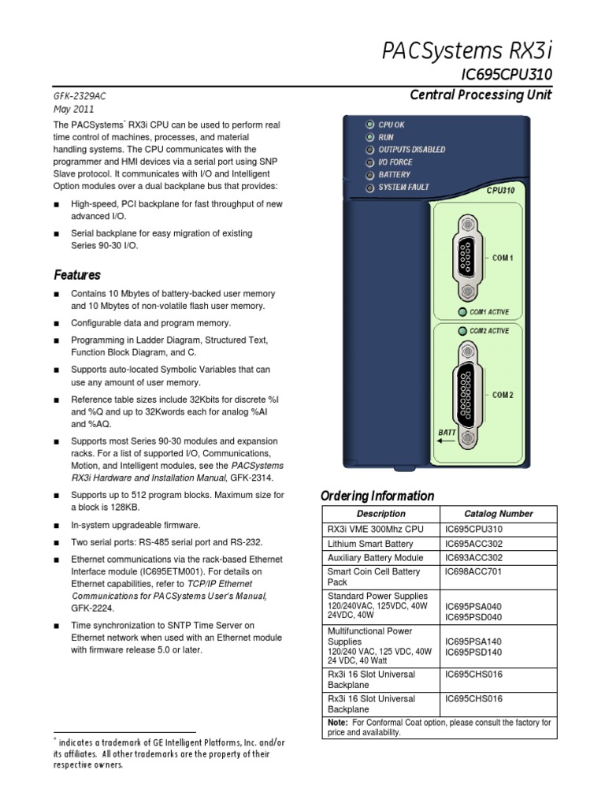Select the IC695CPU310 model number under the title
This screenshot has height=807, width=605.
[506, 75]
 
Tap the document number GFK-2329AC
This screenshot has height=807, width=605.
[80, 96]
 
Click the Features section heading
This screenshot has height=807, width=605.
[77, 275]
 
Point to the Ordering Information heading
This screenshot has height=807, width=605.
[377, 496]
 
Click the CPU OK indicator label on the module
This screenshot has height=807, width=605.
[392, 125]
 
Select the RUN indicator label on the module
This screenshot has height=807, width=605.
[386, 136]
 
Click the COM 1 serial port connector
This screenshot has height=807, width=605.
[467, 258]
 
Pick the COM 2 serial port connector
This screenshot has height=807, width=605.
[467, 395]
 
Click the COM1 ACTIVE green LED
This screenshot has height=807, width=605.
[462, 312]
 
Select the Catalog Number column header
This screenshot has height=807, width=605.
[498, 513]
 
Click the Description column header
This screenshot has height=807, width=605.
[380, 513]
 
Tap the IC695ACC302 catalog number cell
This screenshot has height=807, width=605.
[473, 544]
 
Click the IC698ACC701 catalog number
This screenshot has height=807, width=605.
[473, 571]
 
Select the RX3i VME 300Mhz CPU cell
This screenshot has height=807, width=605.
[369, 529]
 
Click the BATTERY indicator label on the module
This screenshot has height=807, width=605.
[395, 175]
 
